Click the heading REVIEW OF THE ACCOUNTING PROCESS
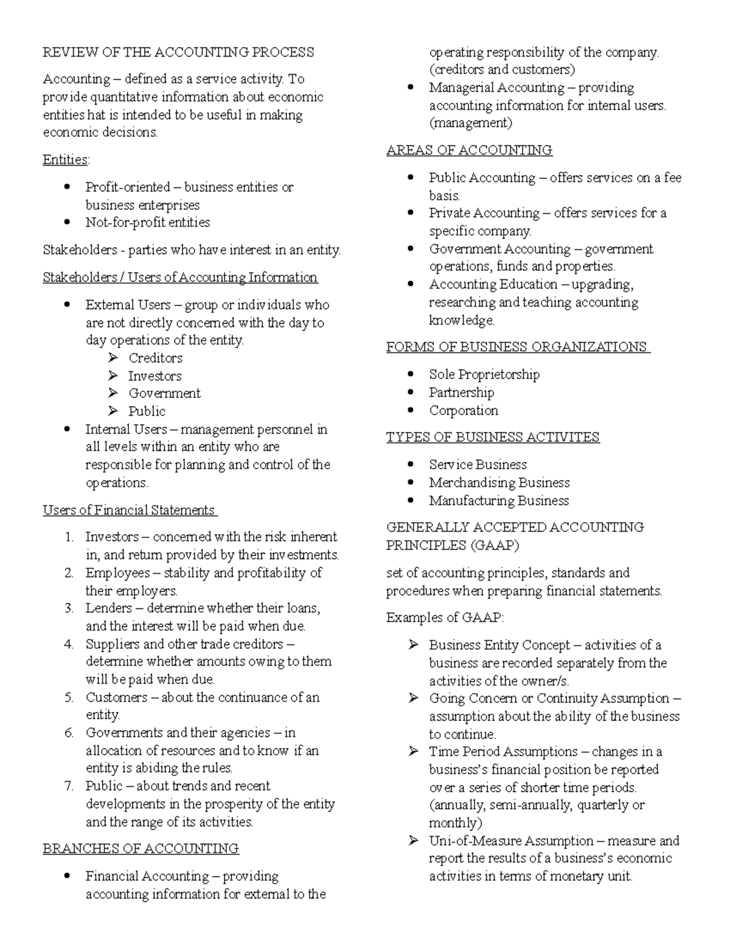178,52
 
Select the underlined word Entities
65,160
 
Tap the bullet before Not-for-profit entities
68,222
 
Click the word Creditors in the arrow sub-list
155,358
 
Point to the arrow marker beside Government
113,394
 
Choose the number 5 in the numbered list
69,698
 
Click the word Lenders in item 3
108,608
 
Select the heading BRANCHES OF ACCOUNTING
141,849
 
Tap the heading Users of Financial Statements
129,511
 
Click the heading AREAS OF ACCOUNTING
469,150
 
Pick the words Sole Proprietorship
484,375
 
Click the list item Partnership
461,392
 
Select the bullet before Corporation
411,410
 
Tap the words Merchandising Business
499,483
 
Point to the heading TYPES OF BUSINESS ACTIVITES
493,438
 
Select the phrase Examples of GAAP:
445,618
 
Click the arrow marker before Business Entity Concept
414,645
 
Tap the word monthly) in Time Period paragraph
456,823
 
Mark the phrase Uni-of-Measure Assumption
511,842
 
